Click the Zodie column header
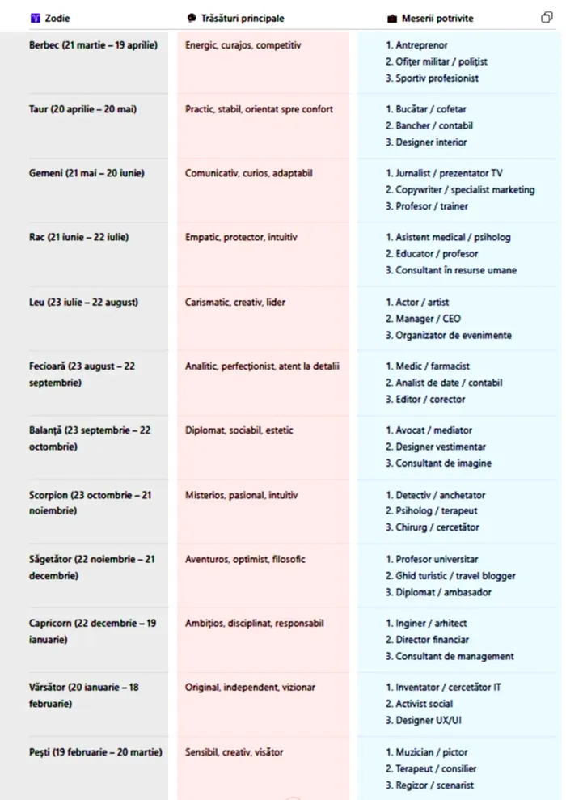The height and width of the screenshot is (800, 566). (57, 18)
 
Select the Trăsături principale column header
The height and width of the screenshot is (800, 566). (241, 18)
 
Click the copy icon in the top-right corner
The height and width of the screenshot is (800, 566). (547, 17)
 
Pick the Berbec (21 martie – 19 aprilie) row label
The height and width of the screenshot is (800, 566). (93, 45)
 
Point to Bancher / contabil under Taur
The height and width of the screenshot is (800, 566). (429, 125)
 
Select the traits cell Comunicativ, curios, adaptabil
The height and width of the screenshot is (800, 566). (248, 173)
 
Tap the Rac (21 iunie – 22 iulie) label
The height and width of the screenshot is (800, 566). (78, 237)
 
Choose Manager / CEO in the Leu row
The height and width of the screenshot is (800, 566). (423, 319)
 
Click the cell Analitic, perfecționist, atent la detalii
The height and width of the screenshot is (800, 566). (262, 366)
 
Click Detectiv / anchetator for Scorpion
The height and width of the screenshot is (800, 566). (435, 494)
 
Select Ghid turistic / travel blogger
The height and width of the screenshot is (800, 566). (450, 575)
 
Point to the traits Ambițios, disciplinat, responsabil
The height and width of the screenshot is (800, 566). (254, 623)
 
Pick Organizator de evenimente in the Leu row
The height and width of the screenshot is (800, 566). (448, 335)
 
